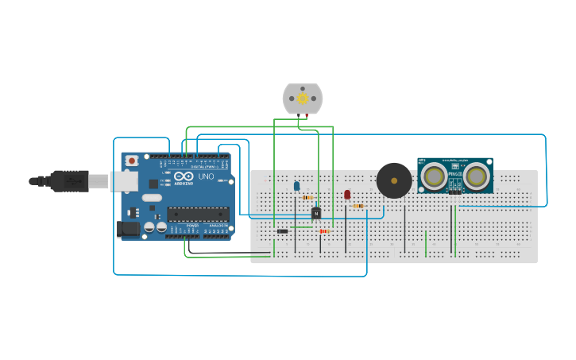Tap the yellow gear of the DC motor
[x=303, y=99]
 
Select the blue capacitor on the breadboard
[x=296, y=186]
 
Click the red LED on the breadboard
[x=347, y=194]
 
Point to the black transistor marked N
[x=315, y=212]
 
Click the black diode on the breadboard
[x=282, y=231]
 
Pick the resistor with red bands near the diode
[x=323, y=231]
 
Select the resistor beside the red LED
[x=358, y=206]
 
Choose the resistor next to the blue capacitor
[x=307, y=197]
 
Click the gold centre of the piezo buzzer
[x=394, y=180]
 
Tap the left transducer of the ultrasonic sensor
[x=434, y=176]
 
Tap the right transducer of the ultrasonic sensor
[x=476, y=176]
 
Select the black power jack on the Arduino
[x=127, y=229]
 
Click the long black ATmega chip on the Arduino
[x=198, y=214]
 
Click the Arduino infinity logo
[x=181, y=176]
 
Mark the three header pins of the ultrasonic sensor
[x=454, y=192]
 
